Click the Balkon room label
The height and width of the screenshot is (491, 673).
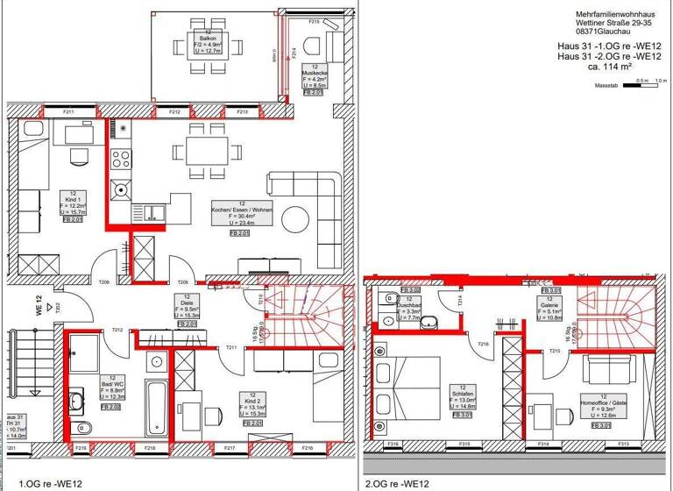pos(209,40)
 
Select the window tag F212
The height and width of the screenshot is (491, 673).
pos(175,112)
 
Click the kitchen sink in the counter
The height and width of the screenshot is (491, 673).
pos(154,212)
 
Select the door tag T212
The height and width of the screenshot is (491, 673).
pos(117,330)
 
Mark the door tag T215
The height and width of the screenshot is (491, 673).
pos(555,352)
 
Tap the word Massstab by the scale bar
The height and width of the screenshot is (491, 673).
pos(606,88)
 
